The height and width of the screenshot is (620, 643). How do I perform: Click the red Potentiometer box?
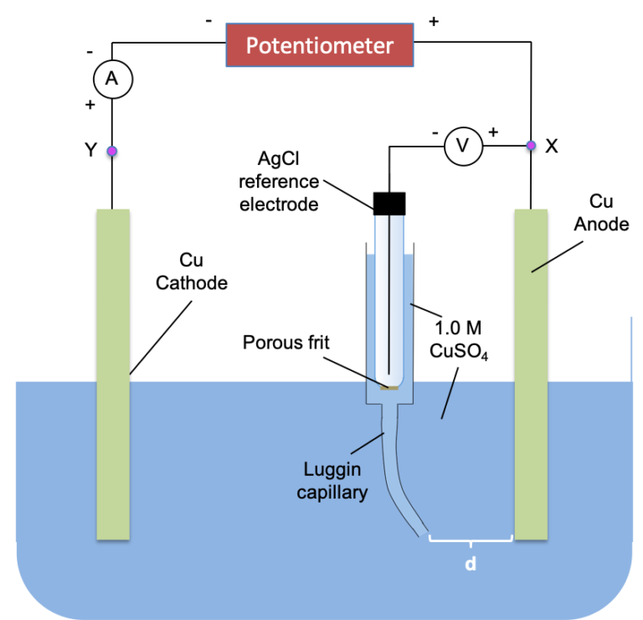320,44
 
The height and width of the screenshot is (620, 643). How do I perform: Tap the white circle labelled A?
112,80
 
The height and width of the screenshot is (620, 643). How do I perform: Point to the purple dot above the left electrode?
111,152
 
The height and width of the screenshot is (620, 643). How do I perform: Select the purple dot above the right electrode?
531,146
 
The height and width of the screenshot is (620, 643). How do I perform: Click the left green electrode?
113,419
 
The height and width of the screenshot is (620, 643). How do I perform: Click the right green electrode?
531,419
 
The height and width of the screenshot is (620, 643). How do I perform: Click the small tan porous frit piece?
390,387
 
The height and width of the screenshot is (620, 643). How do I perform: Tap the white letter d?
471,566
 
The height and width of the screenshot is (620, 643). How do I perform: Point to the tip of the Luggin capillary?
424,535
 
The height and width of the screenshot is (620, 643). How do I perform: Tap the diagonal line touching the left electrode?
162,337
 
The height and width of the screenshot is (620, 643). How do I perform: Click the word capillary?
332,493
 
